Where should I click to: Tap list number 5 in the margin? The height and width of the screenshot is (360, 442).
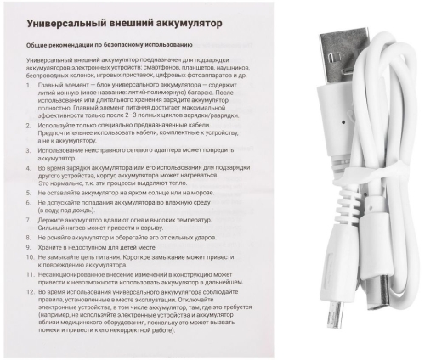[x=30, y=194]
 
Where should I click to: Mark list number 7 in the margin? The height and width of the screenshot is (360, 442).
[x=30, y=220]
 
